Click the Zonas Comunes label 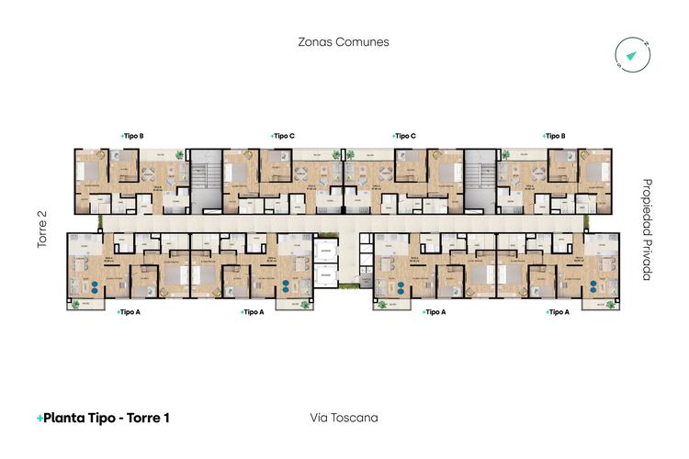(344, 42)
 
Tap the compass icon (632, 56)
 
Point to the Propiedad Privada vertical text (647, 229)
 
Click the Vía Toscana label (344, 418)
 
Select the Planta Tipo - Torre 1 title (103, 418)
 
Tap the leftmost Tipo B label (132, 136)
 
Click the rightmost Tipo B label (553, 136)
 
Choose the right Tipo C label (404, 136)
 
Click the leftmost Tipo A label (130, 312)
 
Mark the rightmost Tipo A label (557, 312)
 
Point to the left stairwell (204, 174)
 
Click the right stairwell (480, 174)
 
